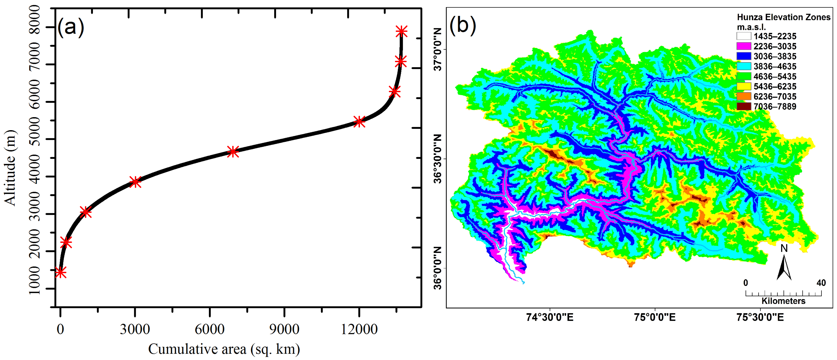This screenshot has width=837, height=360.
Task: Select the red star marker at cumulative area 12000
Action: point(359,122)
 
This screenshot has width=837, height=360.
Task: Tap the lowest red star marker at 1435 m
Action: point(60,272)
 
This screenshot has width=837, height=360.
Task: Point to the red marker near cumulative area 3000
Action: point(135,182)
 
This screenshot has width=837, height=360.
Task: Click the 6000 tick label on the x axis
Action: point(210,329)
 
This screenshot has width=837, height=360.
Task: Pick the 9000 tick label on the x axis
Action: point(284,329)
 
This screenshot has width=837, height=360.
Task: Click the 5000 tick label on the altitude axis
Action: point(35,139)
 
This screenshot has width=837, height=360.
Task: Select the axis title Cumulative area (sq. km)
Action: point(224,349)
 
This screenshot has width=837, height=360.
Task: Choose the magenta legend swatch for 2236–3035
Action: point(744,46)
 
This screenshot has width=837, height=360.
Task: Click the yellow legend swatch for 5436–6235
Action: point(744,86)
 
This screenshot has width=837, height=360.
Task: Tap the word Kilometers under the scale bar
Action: point(783,301)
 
